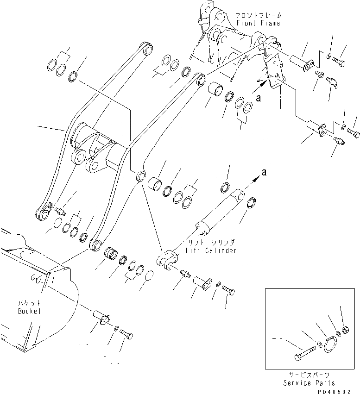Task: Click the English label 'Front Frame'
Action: pyautogui.click(x=258, y=23)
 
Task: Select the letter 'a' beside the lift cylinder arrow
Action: pyautogui.click(x=264, y=172)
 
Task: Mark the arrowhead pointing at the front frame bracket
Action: pyautogui.click(x=264, y=84)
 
